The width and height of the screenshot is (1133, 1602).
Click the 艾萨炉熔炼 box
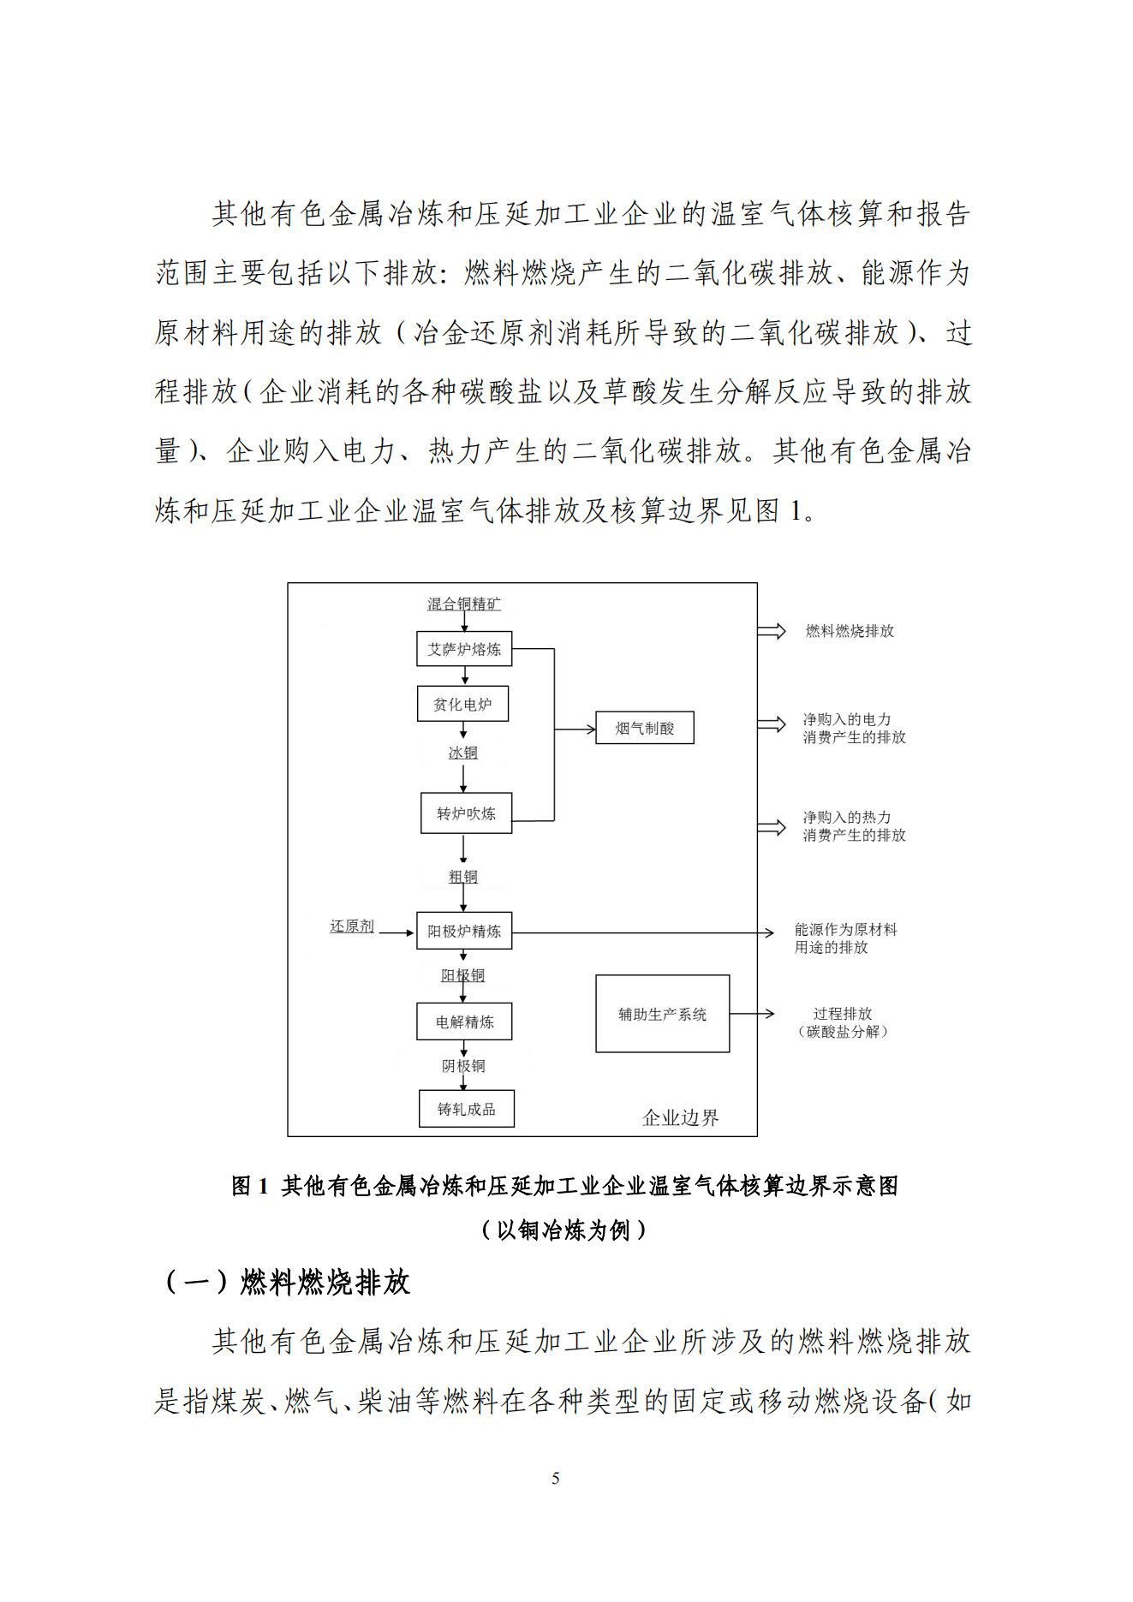[464, 649]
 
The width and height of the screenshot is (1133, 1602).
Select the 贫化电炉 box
[462, 704]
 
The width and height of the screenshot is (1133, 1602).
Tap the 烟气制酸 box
[645, 728]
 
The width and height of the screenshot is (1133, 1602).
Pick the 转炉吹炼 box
[466, 813]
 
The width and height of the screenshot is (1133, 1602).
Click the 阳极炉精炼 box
[464, 931]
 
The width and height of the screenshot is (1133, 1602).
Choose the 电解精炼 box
[464, 1021]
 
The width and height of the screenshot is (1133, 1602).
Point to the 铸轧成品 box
[466, 1109]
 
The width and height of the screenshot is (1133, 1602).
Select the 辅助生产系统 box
[662, 1014]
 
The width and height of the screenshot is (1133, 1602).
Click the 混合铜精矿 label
[463, 604]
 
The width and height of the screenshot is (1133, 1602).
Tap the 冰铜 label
[462, 753]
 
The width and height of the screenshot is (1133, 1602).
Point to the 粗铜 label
[462, 877]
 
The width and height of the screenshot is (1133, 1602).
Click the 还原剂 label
[352, 926]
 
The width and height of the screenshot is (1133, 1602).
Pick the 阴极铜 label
[462, 1066]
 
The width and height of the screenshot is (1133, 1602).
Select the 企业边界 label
[680, 1117]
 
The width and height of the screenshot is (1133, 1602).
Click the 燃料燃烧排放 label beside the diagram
[850, 631]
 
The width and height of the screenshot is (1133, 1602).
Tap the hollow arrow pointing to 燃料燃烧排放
[772, 632]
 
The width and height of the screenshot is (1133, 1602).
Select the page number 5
[556, 1479]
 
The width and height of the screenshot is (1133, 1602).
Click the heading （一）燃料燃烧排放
[287, 1282]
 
